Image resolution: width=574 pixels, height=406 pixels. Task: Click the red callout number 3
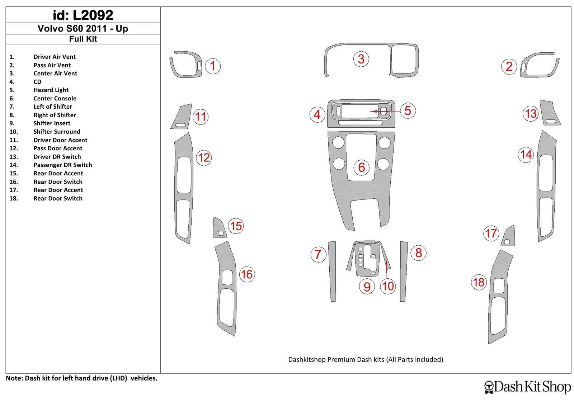(x=361, y=59)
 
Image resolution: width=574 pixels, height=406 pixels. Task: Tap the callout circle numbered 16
(x=247, y=274)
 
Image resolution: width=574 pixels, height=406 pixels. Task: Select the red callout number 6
(x=361, y=167)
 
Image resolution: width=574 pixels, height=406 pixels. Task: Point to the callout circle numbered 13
(x=531, y=113)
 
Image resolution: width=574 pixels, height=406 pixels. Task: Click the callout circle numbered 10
(x=388, y=286)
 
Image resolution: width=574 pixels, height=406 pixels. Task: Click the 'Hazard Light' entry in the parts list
(x=51, y=90)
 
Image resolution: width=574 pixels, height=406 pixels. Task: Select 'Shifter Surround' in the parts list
(x=57, y=132)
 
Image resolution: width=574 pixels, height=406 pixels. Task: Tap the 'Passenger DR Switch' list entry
(x=63, y=165)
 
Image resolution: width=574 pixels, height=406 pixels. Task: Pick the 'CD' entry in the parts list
(x=37, y=82)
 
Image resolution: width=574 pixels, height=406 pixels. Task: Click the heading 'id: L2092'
(x=83, y=15)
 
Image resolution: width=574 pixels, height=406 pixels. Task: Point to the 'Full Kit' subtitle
(x=83, y=39)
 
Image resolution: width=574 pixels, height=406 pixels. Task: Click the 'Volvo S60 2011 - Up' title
(x=83, y=28)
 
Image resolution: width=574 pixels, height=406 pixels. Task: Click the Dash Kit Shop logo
(x=527, y=387)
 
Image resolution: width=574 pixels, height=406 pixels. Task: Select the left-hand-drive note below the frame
(x=81, y=378)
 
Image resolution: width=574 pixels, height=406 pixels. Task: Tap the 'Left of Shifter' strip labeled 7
(x=332, y=271)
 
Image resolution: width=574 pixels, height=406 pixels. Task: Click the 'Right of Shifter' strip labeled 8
(x=404, y=272)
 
